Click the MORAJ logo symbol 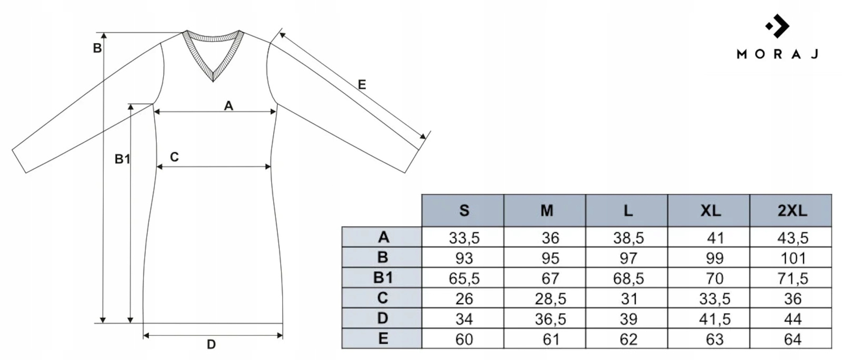[777, 26]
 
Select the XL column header [710, 211]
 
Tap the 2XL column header [793, 211]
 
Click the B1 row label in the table [383, 278]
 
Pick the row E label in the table [383, 338]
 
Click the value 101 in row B [793, 258]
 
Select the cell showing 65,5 [464, 278]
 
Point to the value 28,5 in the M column [550, 299]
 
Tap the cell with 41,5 [715, 319]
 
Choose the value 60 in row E [464, 339]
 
